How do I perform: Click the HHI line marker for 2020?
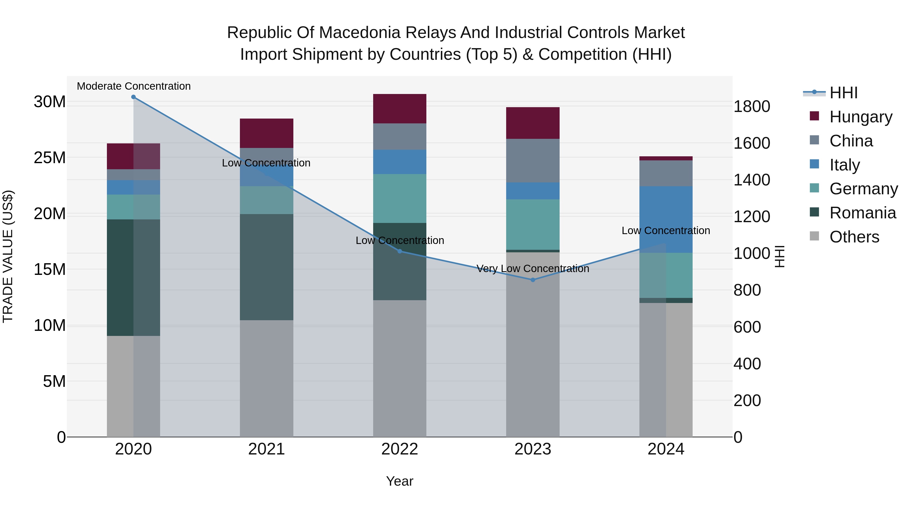134,97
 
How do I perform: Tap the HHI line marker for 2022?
400,251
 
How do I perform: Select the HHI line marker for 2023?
533,280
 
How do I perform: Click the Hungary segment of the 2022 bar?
400,109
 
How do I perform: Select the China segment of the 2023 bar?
533,160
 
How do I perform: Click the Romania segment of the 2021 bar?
267,267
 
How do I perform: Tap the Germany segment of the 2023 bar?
533,224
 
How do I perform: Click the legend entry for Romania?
862,213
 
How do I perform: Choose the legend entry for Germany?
863,189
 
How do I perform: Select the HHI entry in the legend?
843,93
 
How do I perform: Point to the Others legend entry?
854,237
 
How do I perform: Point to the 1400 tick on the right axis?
751,180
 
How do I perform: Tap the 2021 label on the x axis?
267,449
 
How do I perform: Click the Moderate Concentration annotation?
134,86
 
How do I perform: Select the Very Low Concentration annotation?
533,269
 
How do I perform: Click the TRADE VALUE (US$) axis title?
8,256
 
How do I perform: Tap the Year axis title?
400,481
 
